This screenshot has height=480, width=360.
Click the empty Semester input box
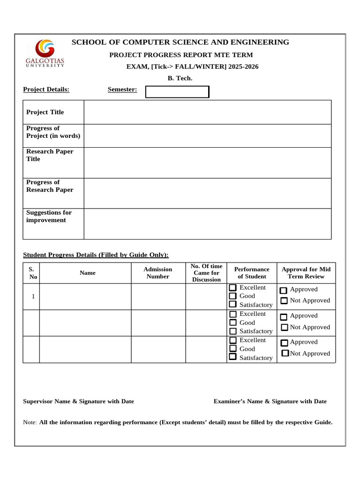tap(177, 92)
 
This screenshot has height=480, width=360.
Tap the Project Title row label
tap(45, 112)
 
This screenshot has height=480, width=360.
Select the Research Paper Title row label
tap(50, 155)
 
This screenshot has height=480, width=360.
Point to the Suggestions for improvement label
tap(49, 216)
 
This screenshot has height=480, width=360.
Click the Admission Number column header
tap(158, 273)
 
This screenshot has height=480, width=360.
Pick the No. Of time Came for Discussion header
tap(206, 273)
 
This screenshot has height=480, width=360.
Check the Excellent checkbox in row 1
tap(233, 287)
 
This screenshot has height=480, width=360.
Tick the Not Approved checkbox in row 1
tap(284, 301)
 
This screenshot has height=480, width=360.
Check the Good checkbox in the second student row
tap(233, 322)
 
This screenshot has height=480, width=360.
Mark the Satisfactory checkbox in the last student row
tap(233, 357)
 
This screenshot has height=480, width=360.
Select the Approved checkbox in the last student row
tap(284, 343)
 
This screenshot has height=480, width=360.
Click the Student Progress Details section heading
tap(96, 255)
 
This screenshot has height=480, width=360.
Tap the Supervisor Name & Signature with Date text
tap(78, 401)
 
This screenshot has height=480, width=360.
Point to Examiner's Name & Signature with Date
tap(270, 401)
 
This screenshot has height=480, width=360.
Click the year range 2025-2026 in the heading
tap(243, 67)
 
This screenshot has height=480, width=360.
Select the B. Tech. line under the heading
tap(180, 78)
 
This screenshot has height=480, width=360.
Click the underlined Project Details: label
tap(46, 90)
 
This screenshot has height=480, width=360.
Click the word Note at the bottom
tap(30, 422)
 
